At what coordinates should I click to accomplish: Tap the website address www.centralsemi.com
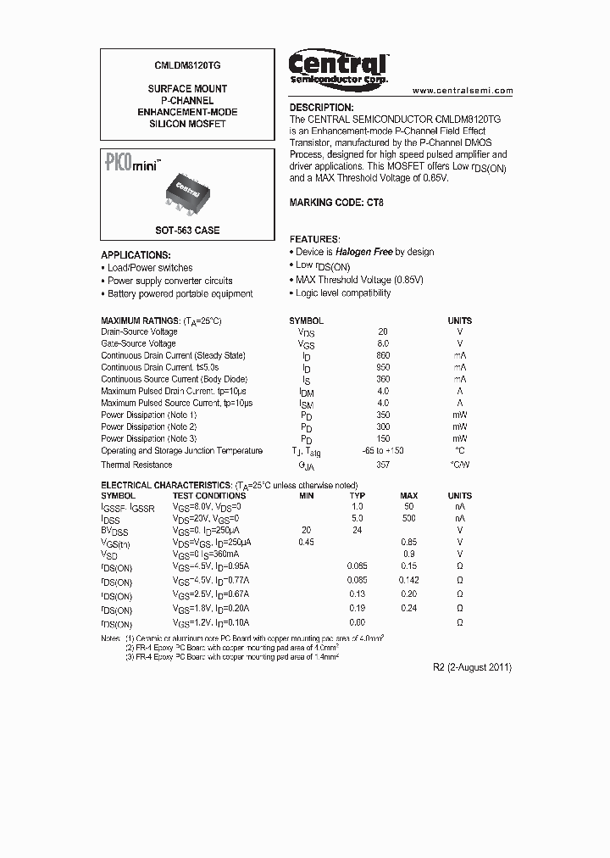[x=463, y=91]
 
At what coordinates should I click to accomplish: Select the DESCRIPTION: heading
[x=321, y=108]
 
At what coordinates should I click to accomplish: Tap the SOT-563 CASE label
[x=187, y=231]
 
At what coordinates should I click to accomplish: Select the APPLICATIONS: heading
[x=136, y=255]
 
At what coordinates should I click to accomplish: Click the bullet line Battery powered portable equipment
[x=180, y=294]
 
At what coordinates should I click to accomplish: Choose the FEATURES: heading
[x=315, y=240]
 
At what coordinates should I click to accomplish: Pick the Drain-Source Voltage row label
[x=140, y=332]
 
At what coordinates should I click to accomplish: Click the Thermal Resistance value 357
[x=383, y=465]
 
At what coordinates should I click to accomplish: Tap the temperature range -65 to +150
[x=383, y=451]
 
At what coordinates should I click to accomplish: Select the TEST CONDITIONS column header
[x=209, y=496]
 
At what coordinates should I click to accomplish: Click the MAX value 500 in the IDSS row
[x=409, y=517]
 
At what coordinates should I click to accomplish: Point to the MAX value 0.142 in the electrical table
[x=409, y=581]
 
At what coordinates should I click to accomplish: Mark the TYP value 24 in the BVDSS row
[x=358, y=529]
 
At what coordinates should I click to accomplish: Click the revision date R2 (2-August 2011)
[x=473, y=667]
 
